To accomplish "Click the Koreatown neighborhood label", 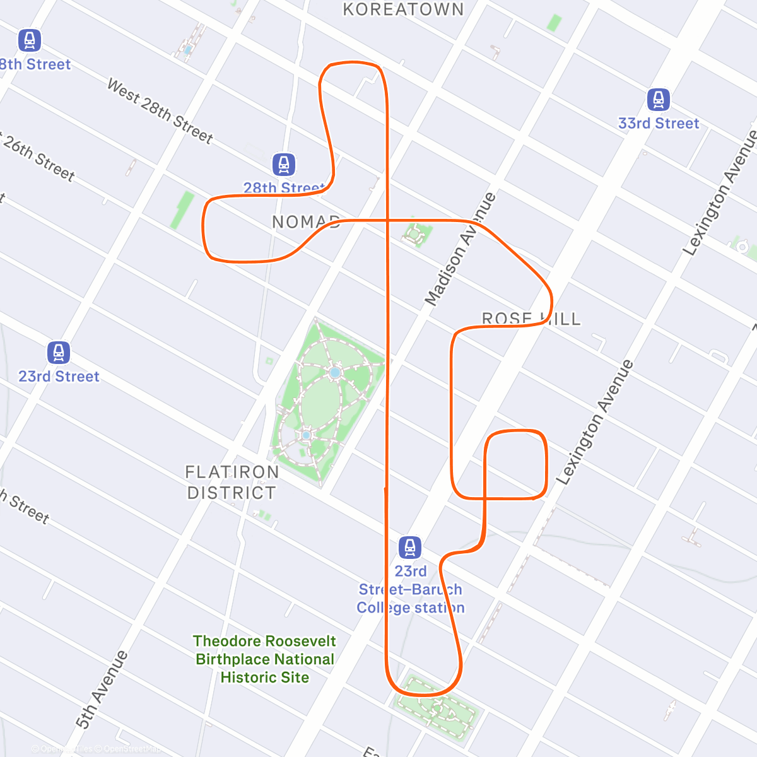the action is [403, 9].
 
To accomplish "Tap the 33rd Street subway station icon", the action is [659, 100].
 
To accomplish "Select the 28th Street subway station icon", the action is [284, 165].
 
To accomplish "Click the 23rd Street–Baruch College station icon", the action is [410, 547].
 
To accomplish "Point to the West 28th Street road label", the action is [160, 111].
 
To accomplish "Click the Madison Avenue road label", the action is [461, 249].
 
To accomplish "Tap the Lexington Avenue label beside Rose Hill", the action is [594, 422].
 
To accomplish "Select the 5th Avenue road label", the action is [102, 690].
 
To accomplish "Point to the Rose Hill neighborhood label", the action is [531, 319].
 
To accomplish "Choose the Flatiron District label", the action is [232, 482].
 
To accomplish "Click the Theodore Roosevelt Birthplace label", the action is [265, 659].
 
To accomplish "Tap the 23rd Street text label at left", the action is [59, 377].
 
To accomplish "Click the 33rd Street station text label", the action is [659, 124].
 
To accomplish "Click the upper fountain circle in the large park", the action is [335, 373].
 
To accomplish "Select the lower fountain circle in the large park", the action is [307, 435].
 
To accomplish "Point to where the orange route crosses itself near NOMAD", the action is [387, 220].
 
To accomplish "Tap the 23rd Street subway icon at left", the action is [59, 353].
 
